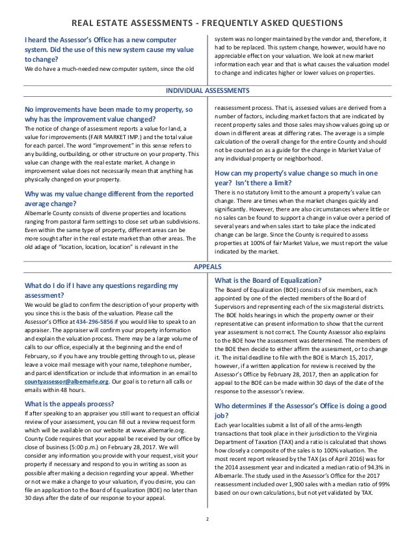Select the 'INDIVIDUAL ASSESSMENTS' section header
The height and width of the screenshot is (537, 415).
click(207, 89)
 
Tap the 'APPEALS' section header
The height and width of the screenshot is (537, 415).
click(207, 267)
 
